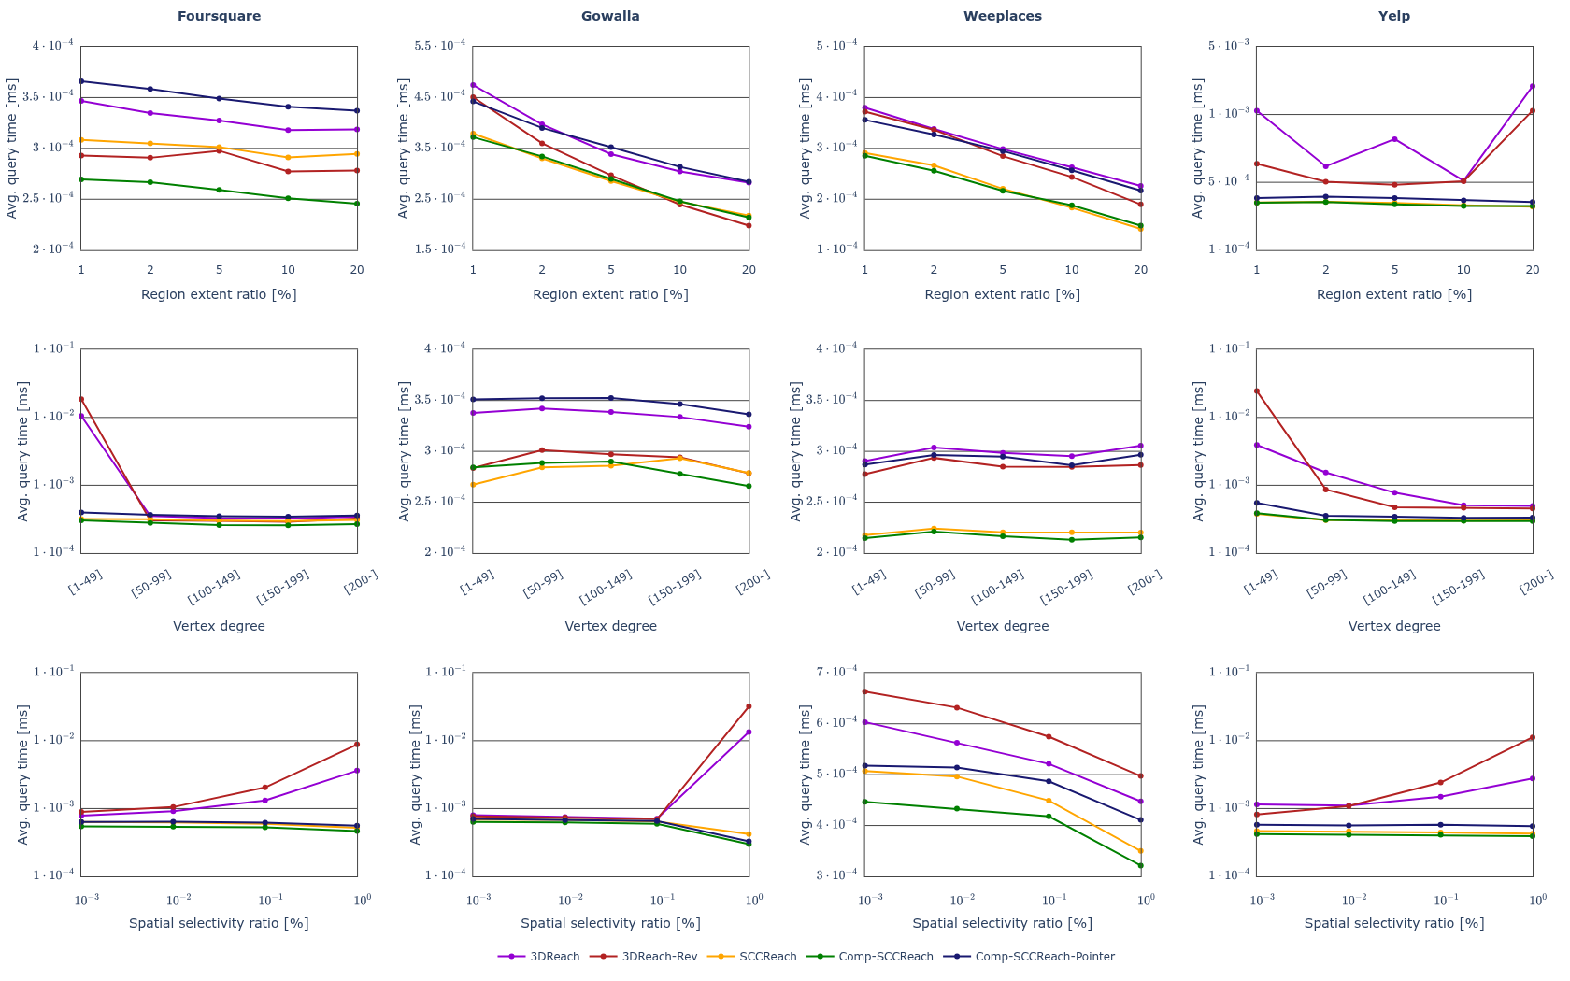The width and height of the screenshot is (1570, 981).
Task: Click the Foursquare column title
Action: (x=219, y=16)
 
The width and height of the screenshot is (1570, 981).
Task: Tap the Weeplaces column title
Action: (x=1002, y=16)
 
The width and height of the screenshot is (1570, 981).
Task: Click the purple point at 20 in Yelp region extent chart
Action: (x=1532, y=86)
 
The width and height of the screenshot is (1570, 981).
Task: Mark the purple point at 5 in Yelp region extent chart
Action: (x=1394, y=139)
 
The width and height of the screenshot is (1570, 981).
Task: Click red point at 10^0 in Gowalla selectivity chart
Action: (x=749, y=706)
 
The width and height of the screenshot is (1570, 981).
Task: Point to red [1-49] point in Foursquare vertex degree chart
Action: (x=81, y=399)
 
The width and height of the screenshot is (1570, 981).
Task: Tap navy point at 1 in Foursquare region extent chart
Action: (x=81, y=81)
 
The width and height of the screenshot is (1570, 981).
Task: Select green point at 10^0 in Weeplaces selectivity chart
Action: (x=1140, y=865)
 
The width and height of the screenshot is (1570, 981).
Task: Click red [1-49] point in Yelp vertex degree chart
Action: (x=1256, y=391)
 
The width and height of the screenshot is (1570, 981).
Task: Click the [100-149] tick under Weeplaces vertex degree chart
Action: (x=998, y=587)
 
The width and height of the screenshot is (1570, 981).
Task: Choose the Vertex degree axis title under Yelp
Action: (x=1393, y=626)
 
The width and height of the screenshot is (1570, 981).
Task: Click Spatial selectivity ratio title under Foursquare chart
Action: (x=219, y=923)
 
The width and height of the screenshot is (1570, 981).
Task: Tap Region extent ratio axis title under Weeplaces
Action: (x=1002, y=294)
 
